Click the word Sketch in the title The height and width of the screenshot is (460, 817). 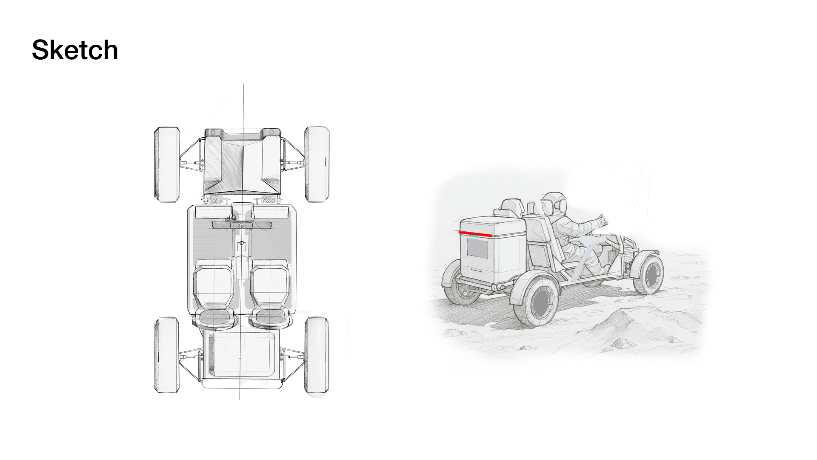tap(75, 50)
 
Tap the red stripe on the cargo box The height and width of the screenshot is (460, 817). tap(475, 233)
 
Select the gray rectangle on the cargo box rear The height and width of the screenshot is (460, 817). tap(477, 248)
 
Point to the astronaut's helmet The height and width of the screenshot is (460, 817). tap(554, 203)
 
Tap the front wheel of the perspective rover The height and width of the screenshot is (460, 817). tap(648, 274)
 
